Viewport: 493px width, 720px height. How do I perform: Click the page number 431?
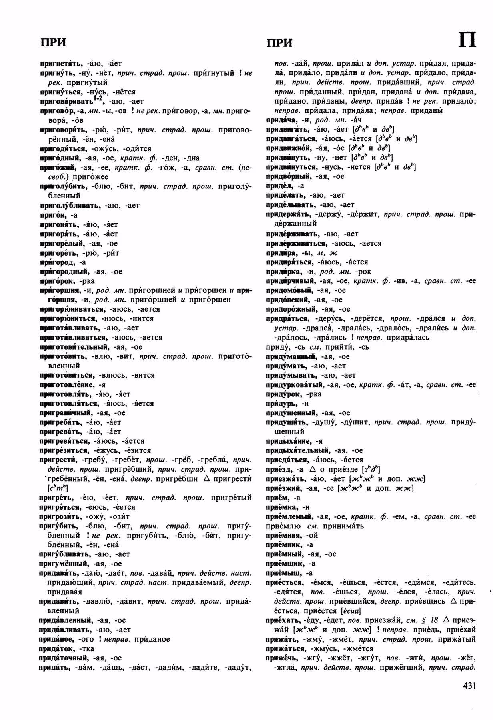click(469, 686)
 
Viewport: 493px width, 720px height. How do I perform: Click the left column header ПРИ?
click(53, 42)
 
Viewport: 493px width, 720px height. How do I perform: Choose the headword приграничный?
click(66, 413)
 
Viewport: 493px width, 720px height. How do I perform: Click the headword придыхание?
click(288, 441)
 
